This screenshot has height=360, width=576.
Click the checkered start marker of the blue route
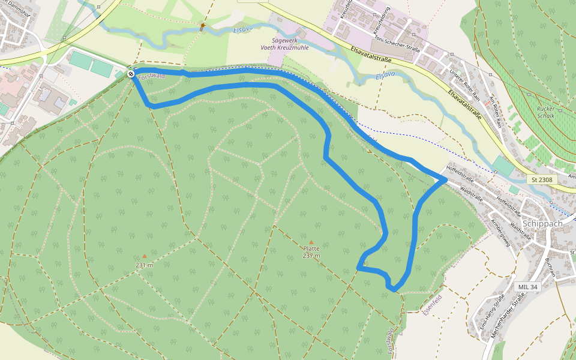click(x=131, y=74)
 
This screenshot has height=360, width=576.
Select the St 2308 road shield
click(x=542, y=179)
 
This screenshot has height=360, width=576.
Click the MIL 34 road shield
click(x=527, y=287)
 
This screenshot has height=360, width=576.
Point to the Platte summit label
click(x=311, y=248)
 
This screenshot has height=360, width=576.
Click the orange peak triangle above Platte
click(x=311, y=242)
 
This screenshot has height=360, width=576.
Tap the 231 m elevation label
click(x=144, y=265)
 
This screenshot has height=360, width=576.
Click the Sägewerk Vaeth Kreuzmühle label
click(x=284, y=44)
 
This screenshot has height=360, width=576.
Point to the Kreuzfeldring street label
click(x=382, y=21)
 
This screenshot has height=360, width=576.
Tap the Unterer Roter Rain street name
click(x=465, y=84)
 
